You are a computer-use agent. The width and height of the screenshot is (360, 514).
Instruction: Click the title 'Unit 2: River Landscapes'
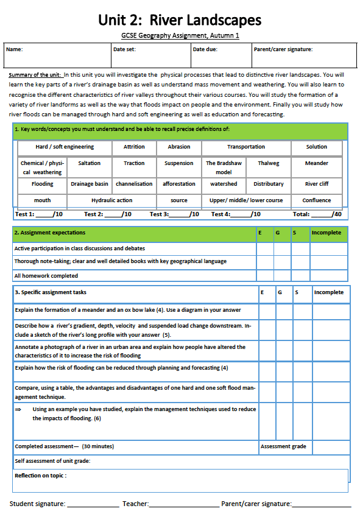[180, 19]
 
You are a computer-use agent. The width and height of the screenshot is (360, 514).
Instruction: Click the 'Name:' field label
[15, 49]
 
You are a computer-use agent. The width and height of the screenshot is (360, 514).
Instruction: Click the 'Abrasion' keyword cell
[178, 147]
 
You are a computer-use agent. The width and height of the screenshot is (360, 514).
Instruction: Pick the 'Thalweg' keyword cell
[269, 163]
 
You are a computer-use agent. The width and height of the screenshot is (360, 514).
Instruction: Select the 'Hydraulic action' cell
[111, 200]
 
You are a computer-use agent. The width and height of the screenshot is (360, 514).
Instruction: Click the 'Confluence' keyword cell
[317, 200]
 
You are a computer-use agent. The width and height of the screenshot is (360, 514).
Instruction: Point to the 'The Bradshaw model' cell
[224, 167]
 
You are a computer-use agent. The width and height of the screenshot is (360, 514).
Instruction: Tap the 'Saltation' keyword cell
[89, 163]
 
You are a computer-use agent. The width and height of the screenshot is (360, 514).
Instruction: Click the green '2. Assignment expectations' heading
[50, 233]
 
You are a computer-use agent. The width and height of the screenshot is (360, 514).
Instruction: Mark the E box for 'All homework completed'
[264, 275]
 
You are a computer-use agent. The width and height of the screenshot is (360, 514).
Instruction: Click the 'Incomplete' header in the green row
[326, 233]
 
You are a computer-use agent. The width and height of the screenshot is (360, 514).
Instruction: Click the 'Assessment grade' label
[284, 446]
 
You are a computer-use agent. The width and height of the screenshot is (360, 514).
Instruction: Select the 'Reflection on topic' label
[40, 475]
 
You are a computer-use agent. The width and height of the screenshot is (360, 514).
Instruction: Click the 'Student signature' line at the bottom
[93, 504]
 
